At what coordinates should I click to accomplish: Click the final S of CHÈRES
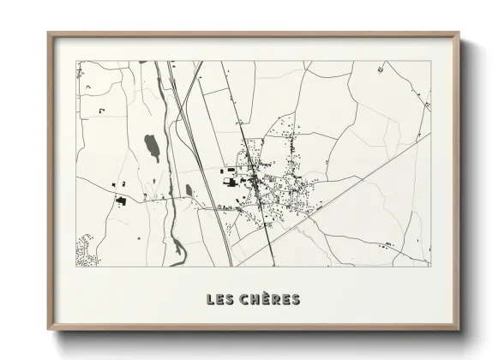point(296,299)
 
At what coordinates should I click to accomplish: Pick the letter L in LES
point(211,299)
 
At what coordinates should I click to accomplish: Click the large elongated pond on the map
point(152,147)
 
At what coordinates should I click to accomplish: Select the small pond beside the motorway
point(189,189)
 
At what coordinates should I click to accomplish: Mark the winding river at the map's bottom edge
point(177,251)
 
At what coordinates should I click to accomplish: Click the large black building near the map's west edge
point(121,201)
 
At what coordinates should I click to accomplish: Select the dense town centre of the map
point(257,180)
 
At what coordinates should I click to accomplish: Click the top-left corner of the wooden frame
point(49,34)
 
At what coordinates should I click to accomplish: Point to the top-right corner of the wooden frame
point(458,34)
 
